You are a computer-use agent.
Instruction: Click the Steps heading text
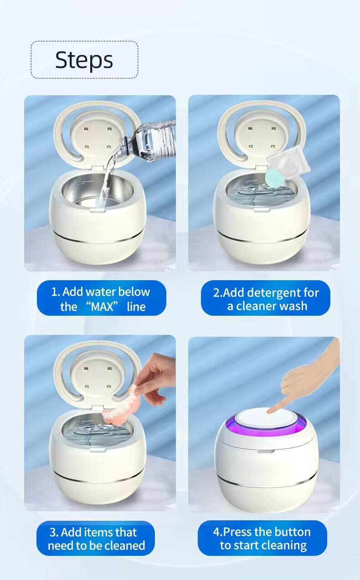[84, 60]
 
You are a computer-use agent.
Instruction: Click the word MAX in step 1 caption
[102, 307]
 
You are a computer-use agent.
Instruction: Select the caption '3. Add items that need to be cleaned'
[96, 539]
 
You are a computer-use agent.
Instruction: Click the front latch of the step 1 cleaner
[97, 210]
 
